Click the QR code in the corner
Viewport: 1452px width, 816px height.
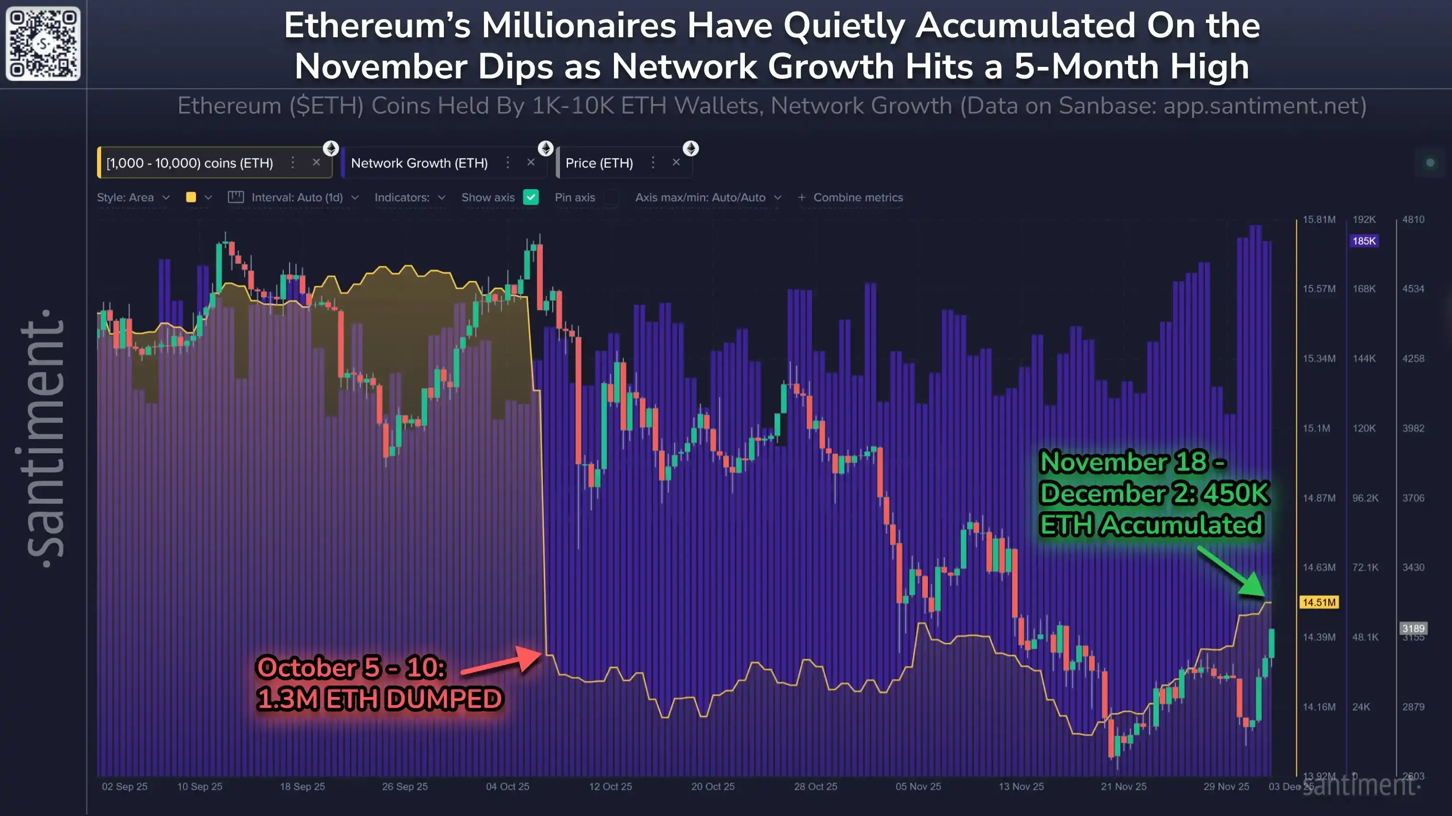[x=43, y=43]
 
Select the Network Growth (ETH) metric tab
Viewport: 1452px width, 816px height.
[x=419, y=163]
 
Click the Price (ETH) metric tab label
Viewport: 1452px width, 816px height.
[x=599, y=163]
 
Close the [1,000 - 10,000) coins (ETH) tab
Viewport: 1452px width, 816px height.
[x=316, y=162]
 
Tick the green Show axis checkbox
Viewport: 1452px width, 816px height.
[x=530, y=197]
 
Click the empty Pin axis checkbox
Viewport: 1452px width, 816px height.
[x=612, y=197]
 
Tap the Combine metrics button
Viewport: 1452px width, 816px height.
[x=850, y=197]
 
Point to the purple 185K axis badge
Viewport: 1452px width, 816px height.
[x=1364, y=241]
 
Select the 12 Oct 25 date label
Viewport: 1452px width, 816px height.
[x=611, y=786]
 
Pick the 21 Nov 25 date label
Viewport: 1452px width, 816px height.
[x=1123, y=786]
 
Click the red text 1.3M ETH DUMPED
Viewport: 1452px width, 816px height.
[x=379, y=699]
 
